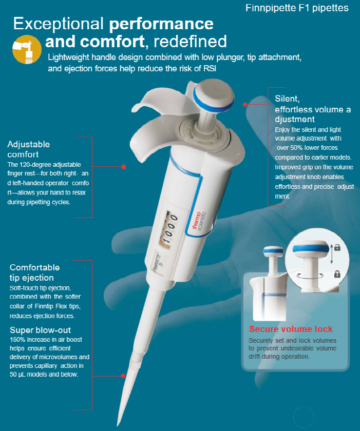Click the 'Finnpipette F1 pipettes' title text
297,8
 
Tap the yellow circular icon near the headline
27,49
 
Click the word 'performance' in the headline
161,24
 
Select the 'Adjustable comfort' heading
29,149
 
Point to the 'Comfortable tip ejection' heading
34,272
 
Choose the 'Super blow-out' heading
40,330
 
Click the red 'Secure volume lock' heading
291,329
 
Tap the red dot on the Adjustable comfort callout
124,167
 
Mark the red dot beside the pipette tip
123,376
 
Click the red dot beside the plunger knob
245,105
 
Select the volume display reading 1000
169,229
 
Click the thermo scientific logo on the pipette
199,221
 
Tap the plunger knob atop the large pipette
214,96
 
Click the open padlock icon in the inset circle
337,247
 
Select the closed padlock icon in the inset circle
337,274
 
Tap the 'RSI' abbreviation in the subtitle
210,68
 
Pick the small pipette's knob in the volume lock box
273,250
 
